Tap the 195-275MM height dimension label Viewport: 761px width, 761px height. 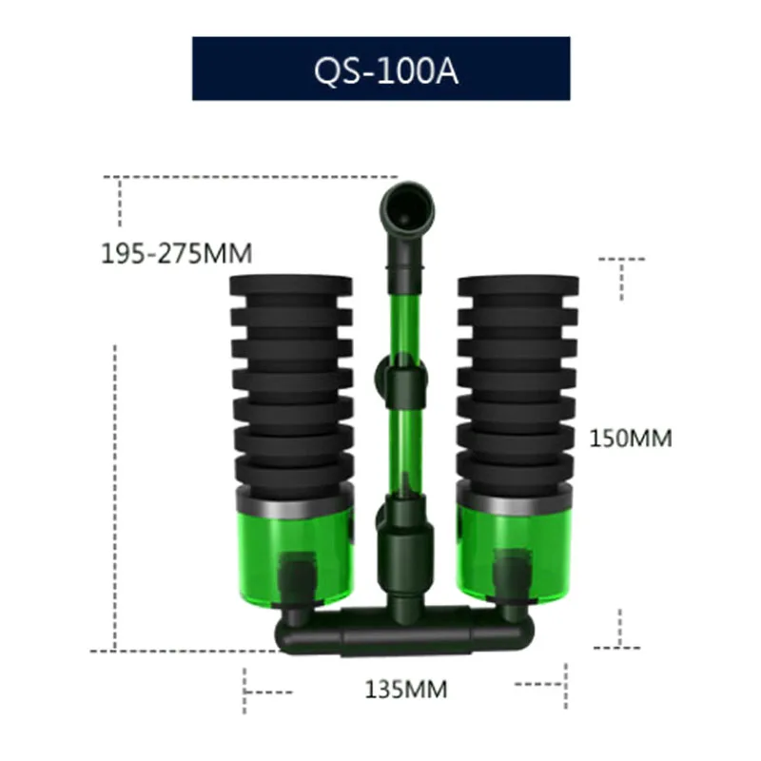176,254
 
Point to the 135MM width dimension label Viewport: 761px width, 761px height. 405,688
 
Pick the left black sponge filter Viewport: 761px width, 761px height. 291,380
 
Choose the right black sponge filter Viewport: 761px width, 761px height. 517,380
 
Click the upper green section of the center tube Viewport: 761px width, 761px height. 401,314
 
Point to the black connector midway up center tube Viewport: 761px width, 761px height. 401,382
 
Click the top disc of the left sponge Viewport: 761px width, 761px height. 291,285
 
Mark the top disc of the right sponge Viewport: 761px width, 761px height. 517,285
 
